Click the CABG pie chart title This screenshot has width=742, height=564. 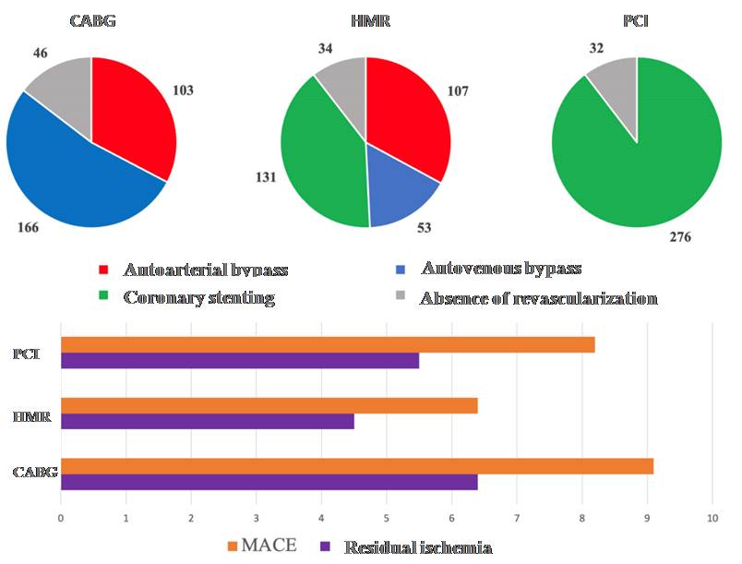point(91,21)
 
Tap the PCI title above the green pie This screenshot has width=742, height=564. point(636,21)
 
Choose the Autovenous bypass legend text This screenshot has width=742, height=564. point(501,269)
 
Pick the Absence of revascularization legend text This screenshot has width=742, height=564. point(538,298)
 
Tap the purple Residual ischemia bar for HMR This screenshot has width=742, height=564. point(208,421)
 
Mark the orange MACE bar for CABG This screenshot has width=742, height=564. point(357,466)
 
